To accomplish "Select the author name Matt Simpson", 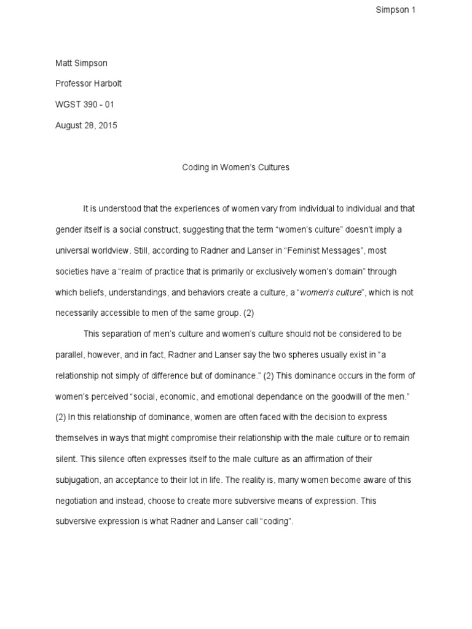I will tap(81, 63).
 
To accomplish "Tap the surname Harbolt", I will tap(111, 84).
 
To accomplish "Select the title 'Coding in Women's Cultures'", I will tap(235, 167).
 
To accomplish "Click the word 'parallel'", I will tap(68, 355).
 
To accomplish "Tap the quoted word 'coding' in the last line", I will tap(277, 522).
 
